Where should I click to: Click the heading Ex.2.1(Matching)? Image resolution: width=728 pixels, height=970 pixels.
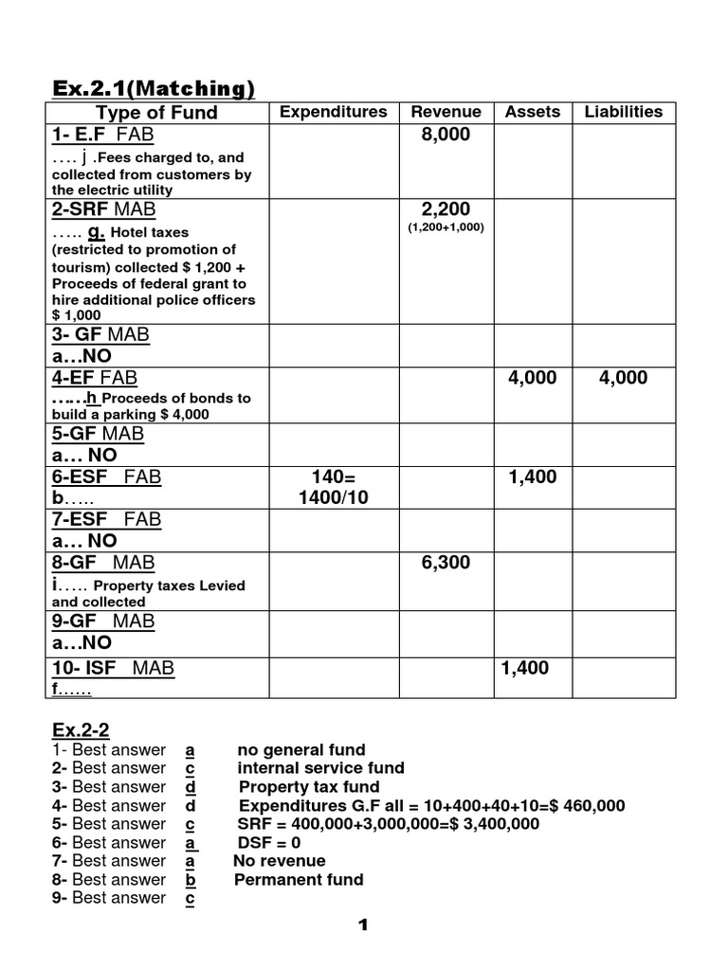(x=153, y=89)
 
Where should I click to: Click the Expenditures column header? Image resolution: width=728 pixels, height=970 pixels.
(x=333, y=112)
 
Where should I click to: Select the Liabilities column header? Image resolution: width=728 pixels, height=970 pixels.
(x=623, y=112)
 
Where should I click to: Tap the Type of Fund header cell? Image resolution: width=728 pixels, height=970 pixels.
(x=156, y=113)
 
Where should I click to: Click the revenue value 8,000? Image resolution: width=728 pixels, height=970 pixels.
(x=446, y=135)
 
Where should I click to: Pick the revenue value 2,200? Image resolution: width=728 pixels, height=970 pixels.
(x=446, y=208)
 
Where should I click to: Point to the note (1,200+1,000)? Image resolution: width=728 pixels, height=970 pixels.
(x=446, y=227)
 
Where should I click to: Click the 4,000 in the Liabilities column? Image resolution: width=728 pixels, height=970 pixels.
(x=623, y=378)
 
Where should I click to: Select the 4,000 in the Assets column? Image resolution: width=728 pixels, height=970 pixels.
(x=532, y=378)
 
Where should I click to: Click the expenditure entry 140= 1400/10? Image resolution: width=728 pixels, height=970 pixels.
(x=333, y=487)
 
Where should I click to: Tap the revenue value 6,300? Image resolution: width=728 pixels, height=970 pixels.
(x=446, y=563)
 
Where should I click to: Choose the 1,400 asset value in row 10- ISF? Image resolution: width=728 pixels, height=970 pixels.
(x=524, y=668)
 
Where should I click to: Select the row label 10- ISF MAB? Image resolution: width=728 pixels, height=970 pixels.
(x=113, y=668)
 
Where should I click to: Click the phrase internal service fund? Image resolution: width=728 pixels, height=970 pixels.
(x=320, y=768)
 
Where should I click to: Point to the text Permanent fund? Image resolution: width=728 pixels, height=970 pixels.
(x=299, y=880)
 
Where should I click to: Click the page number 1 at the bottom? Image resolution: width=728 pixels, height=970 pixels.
(x=363, y=926)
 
